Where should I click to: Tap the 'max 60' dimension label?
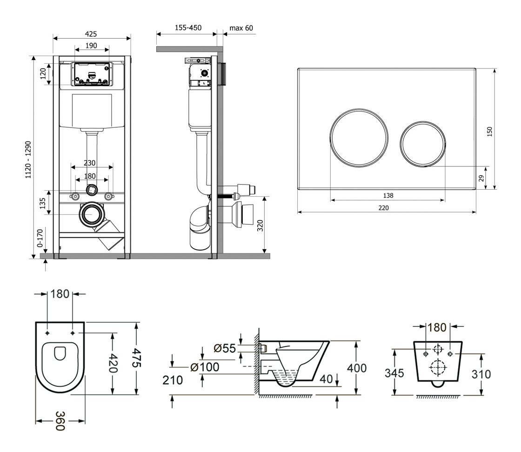point(241,28)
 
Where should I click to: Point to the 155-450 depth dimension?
point(188,28)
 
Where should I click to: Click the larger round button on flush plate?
point(359,137)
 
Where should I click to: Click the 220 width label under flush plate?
point(383,208)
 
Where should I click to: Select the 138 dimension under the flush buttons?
point(387,195)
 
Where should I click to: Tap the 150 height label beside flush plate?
point(489,133)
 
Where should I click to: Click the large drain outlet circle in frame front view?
point(93,215)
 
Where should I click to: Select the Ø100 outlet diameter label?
point(205,367)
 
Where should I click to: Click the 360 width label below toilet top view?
point(60,421)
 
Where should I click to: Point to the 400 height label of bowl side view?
point(357,367)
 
